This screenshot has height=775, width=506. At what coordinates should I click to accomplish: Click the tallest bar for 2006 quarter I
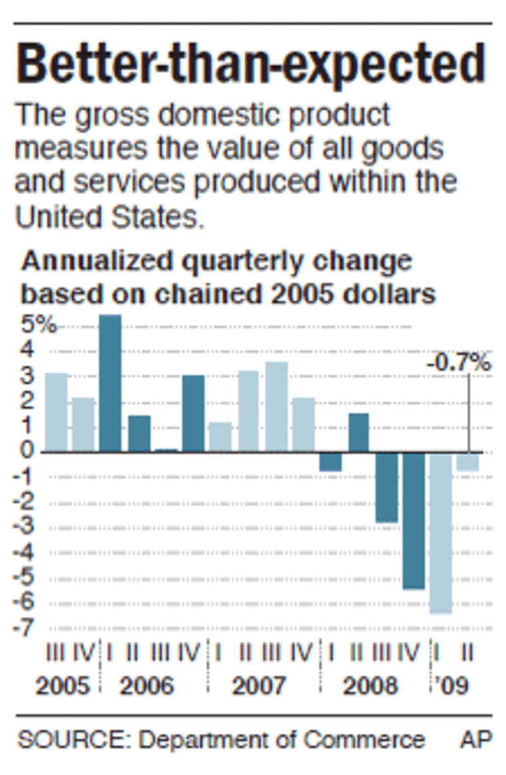click(x=111, y=383)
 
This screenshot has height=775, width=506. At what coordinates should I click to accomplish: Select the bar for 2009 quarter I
click(x=441, y=532)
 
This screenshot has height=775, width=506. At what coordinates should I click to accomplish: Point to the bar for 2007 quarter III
click(x=276, y=406)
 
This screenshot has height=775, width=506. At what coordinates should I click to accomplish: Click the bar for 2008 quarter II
click(x=358, y=432)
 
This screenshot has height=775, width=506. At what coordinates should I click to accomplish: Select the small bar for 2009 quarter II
click(x=468, y=462)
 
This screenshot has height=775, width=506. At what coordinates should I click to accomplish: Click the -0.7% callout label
click(x=459, y=364)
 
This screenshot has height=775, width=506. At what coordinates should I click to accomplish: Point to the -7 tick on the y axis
click(x=27, y=628)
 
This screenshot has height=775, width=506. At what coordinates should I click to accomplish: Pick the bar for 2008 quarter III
click(x=386, y=488)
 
